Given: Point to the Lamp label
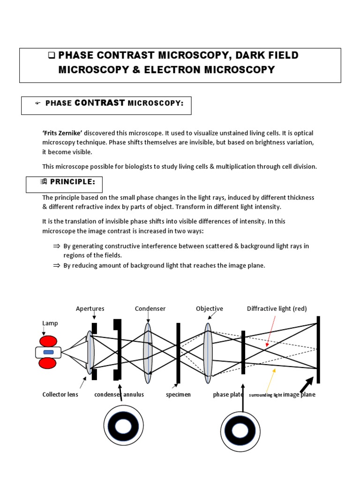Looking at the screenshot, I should tap(50, 323).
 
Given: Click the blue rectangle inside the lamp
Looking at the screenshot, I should tap(48, 352).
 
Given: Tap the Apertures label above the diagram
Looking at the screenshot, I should tap(90, 308).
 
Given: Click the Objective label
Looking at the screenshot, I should tap(209, 308).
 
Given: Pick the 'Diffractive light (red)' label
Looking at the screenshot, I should tap(277, 308).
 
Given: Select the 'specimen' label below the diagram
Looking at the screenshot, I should tap(178, 395).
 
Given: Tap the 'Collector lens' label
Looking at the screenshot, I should tap(60, 395).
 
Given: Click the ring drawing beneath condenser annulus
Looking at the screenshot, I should tap(123, 426).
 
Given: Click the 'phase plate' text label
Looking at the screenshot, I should tap(228, 395).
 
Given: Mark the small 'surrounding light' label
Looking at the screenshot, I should tap(265, 395).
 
